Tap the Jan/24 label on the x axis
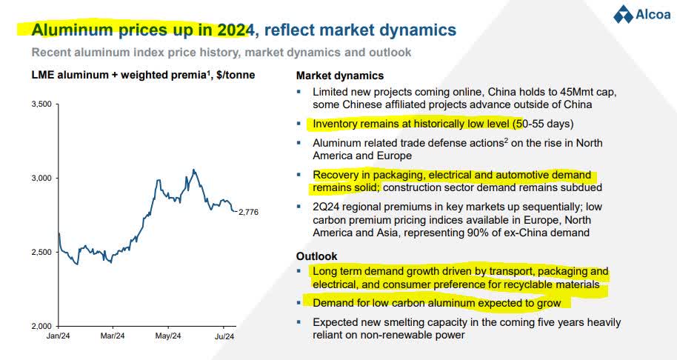click(59, 336)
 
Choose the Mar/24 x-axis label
click(113, 336)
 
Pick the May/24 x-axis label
click(168, 336)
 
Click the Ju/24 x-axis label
click(224, 336)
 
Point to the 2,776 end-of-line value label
click(250, 213)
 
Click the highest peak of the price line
click(193, 170)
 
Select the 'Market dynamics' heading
click(340, 76)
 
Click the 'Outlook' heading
click(317, 256)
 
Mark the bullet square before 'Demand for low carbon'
click(299, 303)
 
